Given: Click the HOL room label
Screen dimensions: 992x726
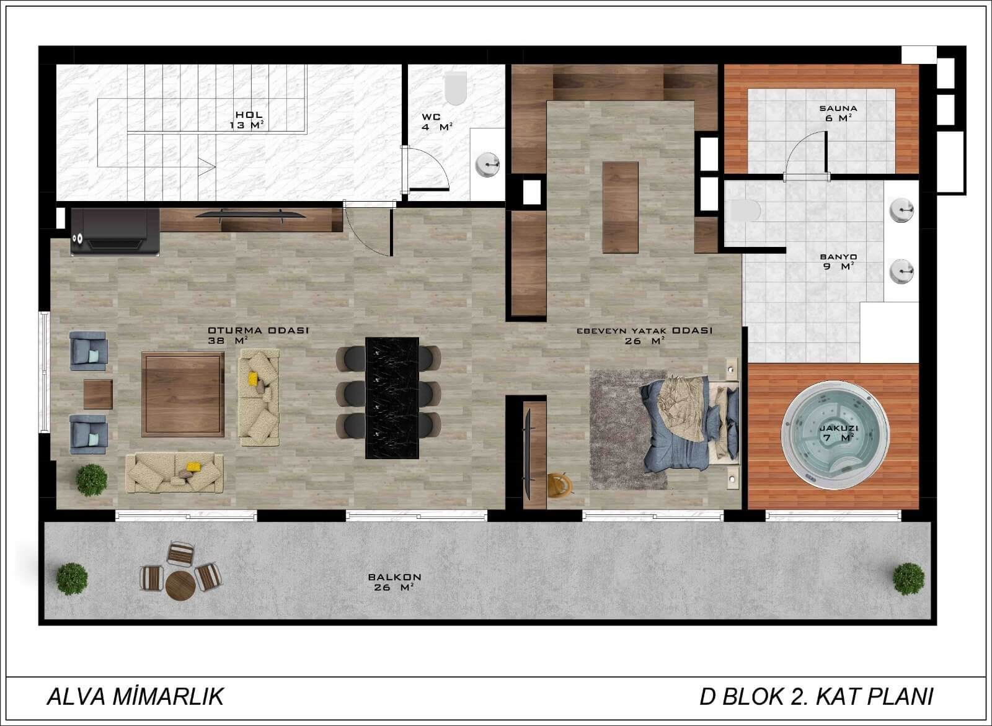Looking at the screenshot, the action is pyautogui.click(x=249, y=115).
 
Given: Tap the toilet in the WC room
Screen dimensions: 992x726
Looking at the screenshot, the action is pyautogui.click(x=456, y=87).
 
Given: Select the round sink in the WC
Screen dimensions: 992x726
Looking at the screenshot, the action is pyautogui.click(x=487, y=165).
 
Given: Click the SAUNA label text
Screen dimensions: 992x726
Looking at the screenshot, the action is pyautogui.click(x=838, y=108).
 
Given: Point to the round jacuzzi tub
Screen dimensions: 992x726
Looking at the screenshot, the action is pyautogui.click(x=835, y=435).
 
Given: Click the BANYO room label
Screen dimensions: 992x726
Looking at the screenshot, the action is pyautogui.click(x=838, y=257).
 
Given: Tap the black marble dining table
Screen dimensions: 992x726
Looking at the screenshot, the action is pyautogui.click(x=392, y=398).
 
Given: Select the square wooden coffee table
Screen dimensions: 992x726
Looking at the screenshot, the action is pyautogui.click(x=183, y=395).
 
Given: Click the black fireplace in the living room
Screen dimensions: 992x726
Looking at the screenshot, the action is pyautogui.click(x=115, y=232).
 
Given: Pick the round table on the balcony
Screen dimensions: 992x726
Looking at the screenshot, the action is pyautogui.click(x=180, y=586).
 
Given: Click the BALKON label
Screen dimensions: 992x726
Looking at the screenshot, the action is pyautogui.click(x=394, y=577).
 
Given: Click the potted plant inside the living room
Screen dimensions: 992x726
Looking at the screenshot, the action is pyautogui.click(x=92, y=480).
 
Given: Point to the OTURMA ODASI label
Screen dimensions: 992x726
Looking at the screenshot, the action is pyautogui.click(x=258, y=330).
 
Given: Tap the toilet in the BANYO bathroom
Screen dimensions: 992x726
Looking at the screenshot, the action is pyautogui.click(x=745, y=210).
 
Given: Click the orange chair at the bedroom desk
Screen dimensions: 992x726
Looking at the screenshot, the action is pyautogui.click(x=559, y=485).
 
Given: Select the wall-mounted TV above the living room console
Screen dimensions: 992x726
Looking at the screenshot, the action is pyautogui.click(x=250, y=215).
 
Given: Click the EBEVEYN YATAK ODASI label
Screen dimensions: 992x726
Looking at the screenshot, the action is pyautogui.click(x=644, y=331).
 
